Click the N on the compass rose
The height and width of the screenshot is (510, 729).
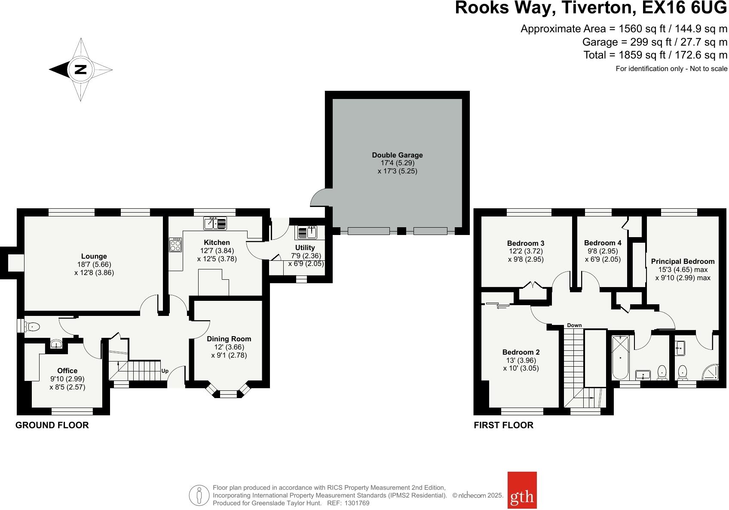tap(80, 69)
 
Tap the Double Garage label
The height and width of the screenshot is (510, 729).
tap(397, 155)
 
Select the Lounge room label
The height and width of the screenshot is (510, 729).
tap(94, 257)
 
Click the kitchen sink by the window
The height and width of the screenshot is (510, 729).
tap(215, 224)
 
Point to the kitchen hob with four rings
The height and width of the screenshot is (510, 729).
tap(175, 245)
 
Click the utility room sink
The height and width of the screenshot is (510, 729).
tap(307, 233)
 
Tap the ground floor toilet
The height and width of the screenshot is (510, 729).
tap(32, 326)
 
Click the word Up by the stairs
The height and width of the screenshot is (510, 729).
tap(165, 371)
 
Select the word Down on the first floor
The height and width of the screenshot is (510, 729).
tap(574, 325)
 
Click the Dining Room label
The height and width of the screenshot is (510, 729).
tap(229, 339)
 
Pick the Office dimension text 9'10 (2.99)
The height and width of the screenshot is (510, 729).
tap(67, 379)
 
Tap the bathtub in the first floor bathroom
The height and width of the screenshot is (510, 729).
tap(620, 358)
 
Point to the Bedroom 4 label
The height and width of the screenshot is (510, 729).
tap(603, 243)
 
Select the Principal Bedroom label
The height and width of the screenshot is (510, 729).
tap(683, 261)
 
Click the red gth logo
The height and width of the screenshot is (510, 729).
tap(522, 490)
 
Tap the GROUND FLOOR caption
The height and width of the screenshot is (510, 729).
tap(52, 425)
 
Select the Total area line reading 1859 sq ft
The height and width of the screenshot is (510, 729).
tap(655, 55)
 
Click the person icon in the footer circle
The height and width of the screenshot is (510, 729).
tap(199, 495)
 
